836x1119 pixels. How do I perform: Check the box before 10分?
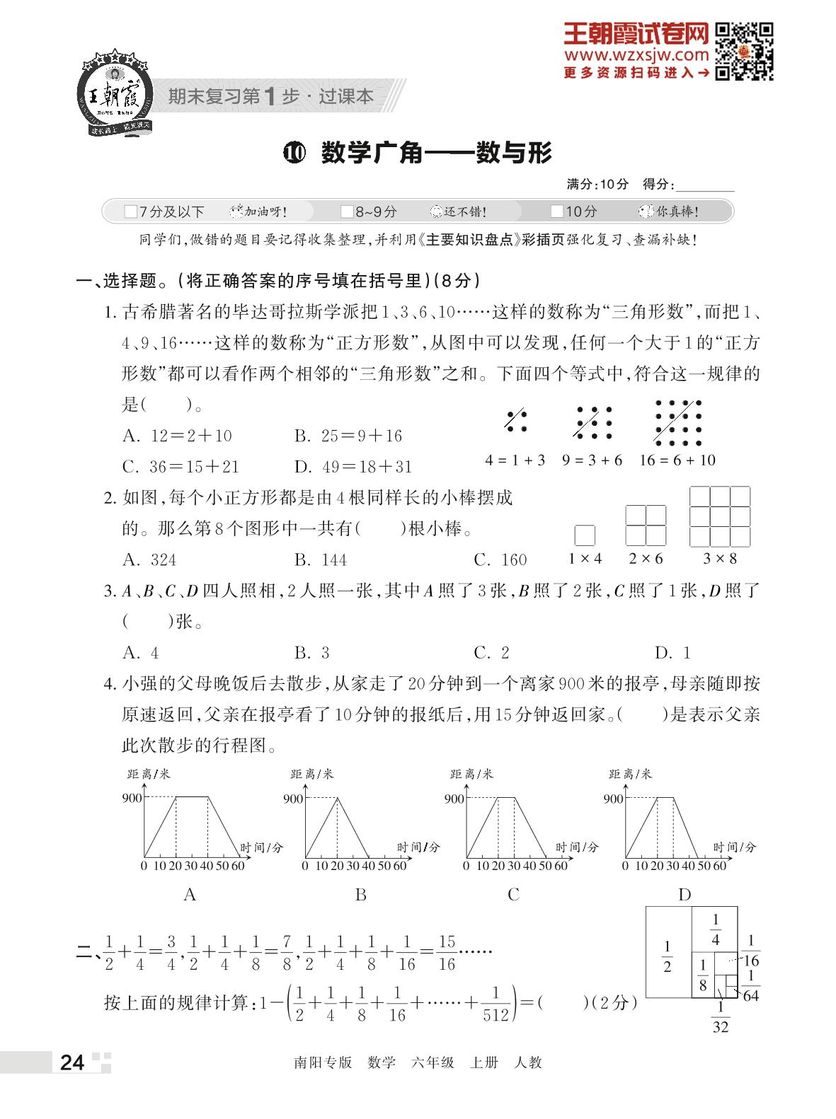coord(556,211)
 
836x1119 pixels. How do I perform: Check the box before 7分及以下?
coord(130,211)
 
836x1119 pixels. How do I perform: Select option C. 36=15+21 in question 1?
coord(181,467)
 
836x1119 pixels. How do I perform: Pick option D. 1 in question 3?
coord(672,653)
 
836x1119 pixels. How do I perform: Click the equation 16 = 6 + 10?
coord(677,460)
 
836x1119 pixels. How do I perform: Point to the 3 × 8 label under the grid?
coord(719,559)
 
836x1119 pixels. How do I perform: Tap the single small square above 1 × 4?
coord(585,535)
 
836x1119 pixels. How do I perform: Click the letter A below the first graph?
coord(190,895)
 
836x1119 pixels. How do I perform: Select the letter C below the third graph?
coord(514,895)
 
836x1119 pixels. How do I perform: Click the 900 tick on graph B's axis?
coord(293,799)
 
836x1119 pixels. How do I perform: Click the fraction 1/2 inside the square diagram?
coord(667,956)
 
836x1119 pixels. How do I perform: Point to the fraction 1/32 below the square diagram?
coord(720,1018)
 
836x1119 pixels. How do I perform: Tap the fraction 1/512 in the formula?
coord(496,1004)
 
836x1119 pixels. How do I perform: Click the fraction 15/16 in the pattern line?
coord(447,953)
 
